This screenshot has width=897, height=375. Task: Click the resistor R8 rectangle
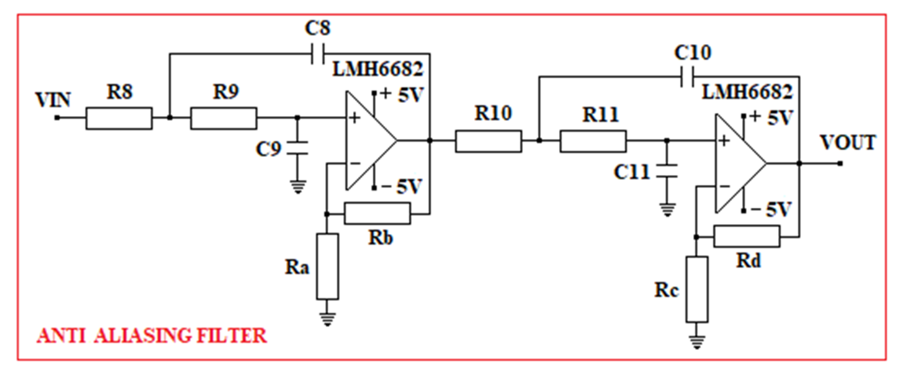click(x=119, y=118)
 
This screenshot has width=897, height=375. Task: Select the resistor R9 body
click(x=224, y=118)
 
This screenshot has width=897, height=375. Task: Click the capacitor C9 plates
click(x=297, y=148)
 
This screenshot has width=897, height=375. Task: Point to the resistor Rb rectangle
click(x=377, y=213)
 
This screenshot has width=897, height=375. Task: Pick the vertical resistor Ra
click(x=327, y=267)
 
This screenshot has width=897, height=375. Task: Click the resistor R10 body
click(x=488, y=141)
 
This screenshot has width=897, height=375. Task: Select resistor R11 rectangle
click(x=593, y=141)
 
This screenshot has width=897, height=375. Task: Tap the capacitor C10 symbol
click(x=687, y=76)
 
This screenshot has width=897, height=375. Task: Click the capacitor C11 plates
click(x=667, y=171)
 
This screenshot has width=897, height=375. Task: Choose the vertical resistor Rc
click(x=697, y=289)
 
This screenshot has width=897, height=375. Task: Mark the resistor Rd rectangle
click(x=747, y=237)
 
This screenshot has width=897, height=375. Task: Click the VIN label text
click(x=53, y=100)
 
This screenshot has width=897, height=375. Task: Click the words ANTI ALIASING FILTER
click(x=152, y=336)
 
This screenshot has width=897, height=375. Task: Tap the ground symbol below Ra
click(x=327, y=318)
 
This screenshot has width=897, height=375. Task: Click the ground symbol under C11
click(x=667, y=210)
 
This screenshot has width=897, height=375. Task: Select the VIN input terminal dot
click(x=57, y=118)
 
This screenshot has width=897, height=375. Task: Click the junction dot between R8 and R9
click(x=170, y=118)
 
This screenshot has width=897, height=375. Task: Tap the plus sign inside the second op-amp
click(x=724, y=141)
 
